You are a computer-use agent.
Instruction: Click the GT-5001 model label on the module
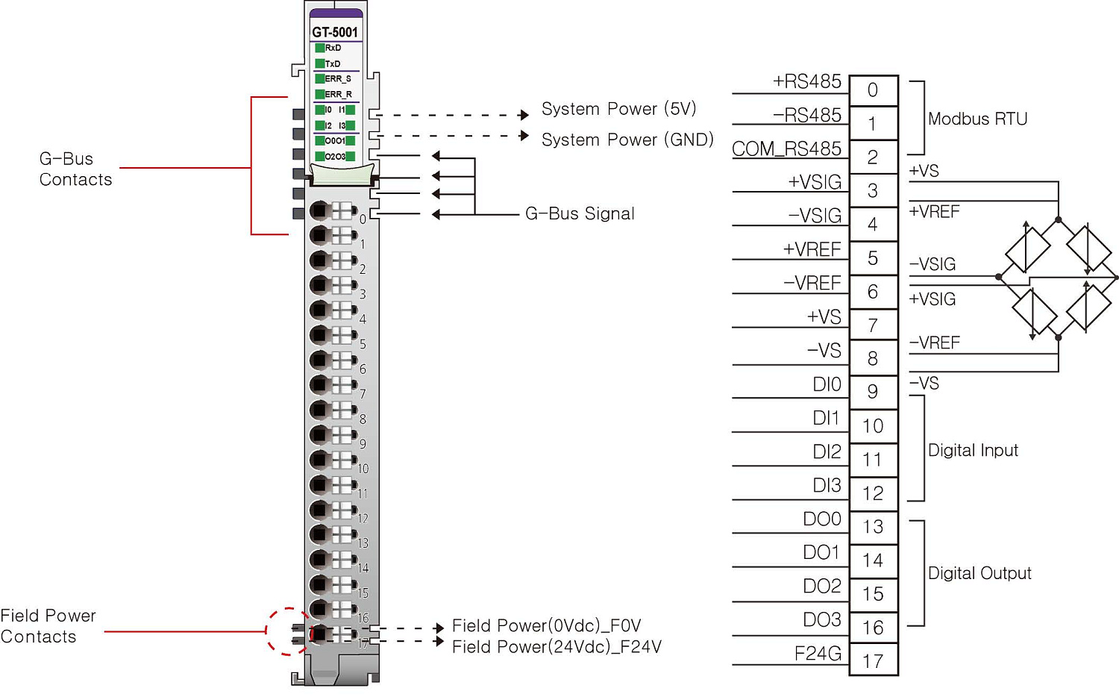click(335, 32)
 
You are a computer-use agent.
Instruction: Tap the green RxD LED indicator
click(320, 48)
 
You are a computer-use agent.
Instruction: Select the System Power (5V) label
click(618, 109)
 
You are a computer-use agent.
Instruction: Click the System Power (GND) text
click(627, 140)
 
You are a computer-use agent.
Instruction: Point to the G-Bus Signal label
click(580, 213)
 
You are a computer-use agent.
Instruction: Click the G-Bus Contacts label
click(75, 169)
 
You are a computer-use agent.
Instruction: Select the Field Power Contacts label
click(48, 626)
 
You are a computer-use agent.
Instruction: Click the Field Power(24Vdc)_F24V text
click(557, 647)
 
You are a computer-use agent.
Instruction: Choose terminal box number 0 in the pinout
click(873, 90)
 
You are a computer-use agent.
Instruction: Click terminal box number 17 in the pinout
click(873, 661)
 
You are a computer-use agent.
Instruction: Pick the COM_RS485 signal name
click(786, 149)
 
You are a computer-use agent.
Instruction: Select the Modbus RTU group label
click(977, 119)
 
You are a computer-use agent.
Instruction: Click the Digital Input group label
click(973, 450)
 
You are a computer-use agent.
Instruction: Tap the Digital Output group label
click(979, 573)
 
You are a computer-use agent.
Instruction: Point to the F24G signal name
click(818, 654)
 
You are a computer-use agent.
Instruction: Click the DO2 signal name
click(821, 586)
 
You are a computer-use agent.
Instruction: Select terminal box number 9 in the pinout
click(873, 392)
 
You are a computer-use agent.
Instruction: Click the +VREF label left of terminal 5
click(812, 249)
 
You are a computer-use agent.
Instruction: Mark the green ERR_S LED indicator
click(320, 78)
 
